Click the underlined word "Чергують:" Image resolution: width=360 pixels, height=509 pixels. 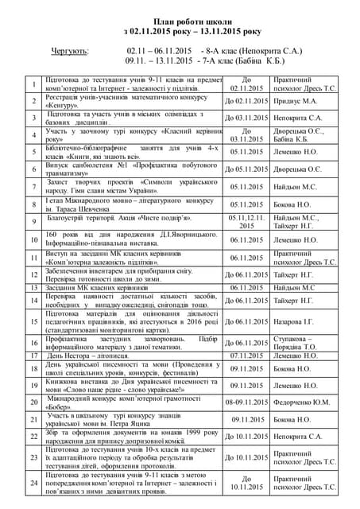(69, 50)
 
